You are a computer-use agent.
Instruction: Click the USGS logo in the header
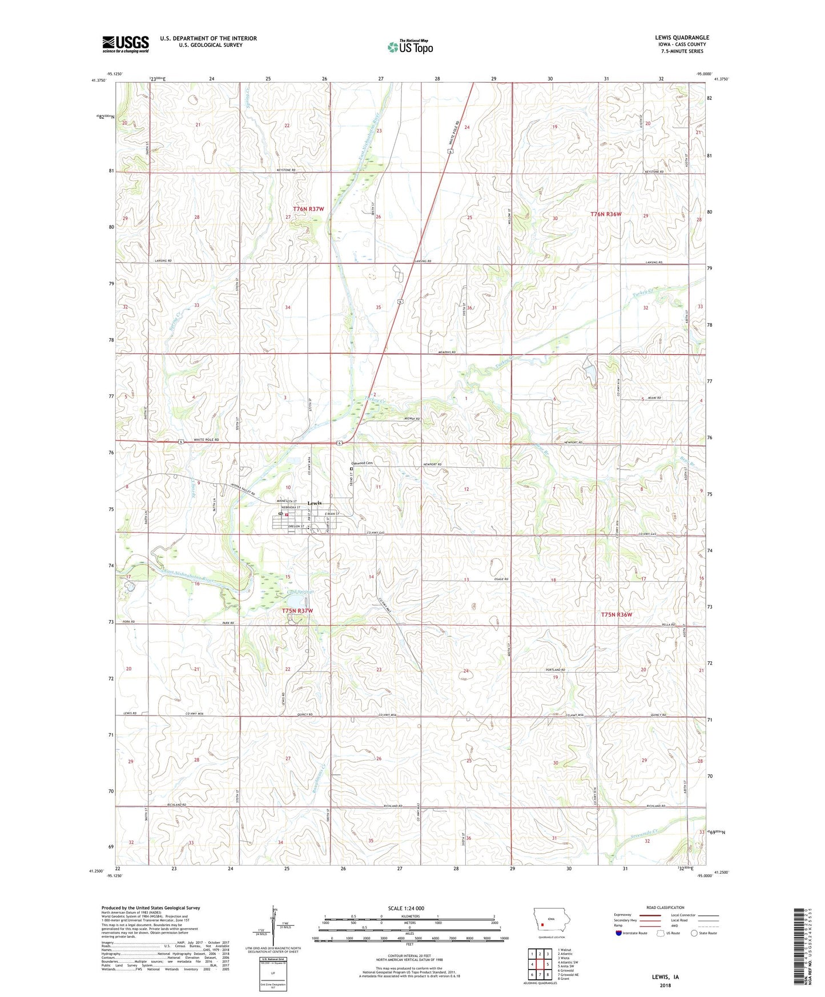click(x=126, y=43)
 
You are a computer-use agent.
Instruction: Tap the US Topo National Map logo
click(x=410, y=46)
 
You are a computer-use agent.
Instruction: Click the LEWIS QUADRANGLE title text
click(x=682, y=38)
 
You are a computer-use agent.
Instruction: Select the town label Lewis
click(x=315, y=503)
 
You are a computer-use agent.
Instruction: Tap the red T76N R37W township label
click(x=308, y=209)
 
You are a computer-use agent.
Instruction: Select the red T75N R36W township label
click(x=617, y=614)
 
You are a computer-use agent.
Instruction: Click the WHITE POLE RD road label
click(x=206, y=440)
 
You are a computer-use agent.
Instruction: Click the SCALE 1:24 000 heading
click(x=406, y=908)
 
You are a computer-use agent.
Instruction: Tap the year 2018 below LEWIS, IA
click(x=665, y=985)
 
